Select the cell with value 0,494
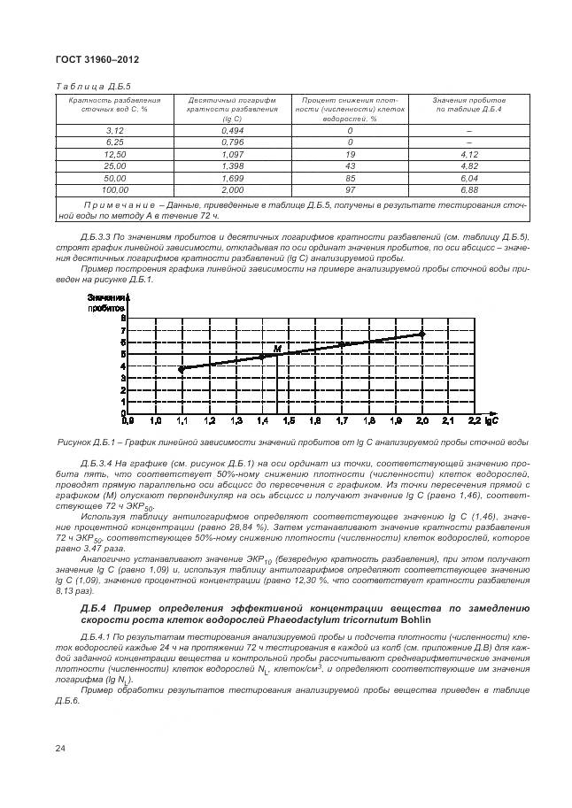point(233,130)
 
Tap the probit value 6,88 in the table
point(469,189)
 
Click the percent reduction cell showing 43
point(351,165)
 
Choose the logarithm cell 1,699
point(233,178)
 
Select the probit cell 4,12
point(469,154)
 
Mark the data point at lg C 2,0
point(422,334)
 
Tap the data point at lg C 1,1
point(182,369)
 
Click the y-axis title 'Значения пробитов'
point(105,302)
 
